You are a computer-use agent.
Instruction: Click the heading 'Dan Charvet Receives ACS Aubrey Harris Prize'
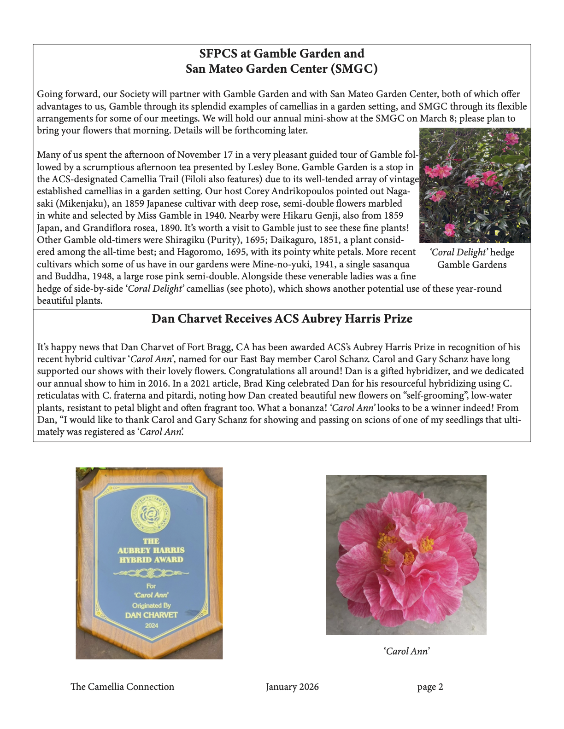click(282, 319)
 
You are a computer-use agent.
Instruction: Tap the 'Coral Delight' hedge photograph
click(475, 185)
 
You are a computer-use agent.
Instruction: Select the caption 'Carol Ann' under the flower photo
click(406, 651)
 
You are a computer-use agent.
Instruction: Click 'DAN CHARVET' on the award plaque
click(151, 615)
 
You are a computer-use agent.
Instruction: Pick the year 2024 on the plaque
click(151, 625)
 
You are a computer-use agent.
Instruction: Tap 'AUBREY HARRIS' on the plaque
click(151, 550)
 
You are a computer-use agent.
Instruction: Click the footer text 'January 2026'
click(292, 687)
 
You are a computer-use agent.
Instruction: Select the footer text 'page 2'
click(430, 687)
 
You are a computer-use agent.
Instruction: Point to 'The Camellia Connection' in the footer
click(122, 687)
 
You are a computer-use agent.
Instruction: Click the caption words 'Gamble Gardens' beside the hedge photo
click(472, 265)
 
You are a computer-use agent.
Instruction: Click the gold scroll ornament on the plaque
click(151, 573)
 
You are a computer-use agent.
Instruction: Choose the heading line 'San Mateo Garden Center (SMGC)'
click(282, 69)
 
